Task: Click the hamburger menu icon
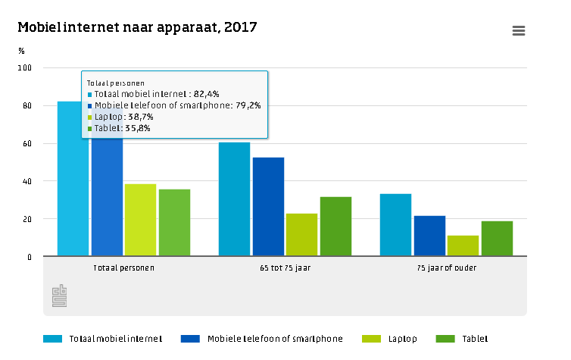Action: [x=519, y=30]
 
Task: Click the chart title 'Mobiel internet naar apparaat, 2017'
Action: [x=137, y=28]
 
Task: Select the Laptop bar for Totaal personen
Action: [x=140, y=220]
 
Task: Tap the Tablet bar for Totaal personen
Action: [x=174, y=223]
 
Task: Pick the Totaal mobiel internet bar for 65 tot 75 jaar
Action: [x=234, y=199]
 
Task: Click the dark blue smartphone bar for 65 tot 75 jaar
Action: [x=268, y=207]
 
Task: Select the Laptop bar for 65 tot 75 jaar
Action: [x=301, y=235]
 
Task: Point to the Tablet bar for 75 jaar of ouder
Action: [x=497, y=238]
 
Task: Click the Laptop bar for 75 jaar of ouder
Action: [x=463, y=246]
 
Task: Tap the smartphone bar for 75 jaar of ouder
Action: [x=429, y=236]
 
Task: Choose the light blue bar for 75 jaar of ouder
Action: [x=395, y=225]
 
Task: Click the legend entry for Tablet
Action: [x=462, y=339]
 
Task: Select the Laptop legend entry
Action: [x=389, y=339]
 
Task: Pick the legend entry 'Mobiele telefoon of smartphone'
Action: [x=262, y=339]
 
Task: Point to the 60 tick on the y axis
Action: [x=27, y=143]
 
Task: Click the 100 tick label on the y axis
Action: [x=25, y=67]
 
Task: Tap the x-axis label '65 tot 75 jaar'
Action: [x=285, y=268]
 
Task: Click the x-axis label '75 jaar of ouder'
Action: [x=447, y=268]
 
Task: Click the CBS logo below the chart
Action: [x=59, y=296]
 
